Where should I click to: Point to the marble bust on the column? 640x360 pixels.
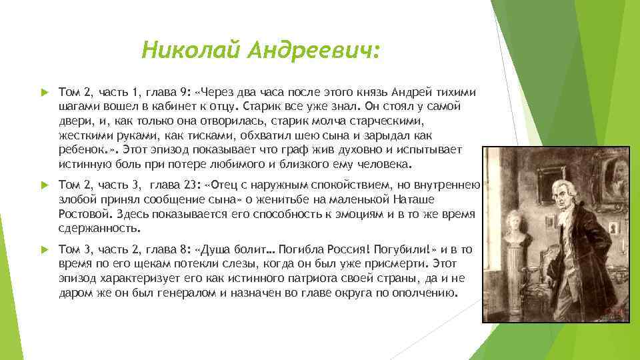click(x=519, y=230)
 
